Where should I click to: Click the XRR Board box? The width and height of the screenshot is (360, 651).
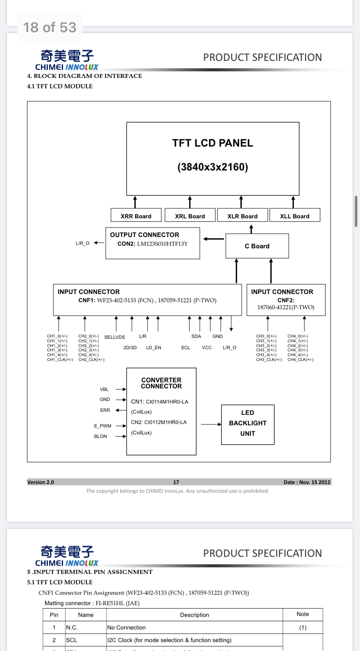point(136,216)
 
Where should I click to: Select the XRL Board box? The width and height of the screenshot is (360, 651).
point(190,216)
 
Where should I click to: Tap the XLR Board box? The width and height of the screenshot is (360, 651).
point(242,216)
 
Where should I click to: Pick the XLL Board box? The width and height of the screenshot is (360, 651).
point(294,216)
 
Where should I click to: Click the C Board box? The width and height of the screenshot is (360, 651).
point(257,246)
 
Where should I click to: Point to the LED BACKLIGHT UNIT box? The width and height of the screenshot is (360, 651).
point(247,423)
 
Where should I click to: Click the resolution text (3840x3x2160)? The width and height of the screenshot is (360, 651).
point(213,167)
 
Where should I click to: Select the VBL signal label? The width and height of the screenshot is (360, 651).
point(104,390)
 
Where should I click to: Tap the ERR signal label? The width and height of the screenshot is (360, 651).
point(105,411)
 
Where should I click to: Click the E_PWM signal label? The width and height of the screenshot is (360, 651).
point(103,426)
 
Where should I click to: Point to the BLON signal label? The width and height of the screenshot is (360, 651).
point(100,437)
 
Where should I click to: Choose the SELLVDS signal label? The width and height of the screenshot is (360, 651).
point(114,337)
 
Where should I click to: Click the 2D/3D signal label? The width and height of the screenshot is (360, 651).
point(130,348)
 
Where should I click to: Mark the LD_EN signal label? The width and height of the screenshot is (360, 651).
point(153,348)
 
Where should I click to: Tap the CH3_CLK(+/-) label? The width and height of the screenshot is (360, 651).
point(269,360)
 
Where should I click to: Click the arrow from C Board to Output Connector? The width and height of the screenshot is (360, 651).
point(213,238)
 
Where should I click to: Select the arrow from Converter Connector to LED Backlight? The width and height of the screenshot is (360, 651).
point(211,424)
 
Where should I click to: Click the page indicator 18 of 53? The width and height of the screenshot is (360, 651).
point(50,27)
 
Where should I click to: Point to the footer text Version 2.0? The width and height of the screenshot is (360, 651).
point(40,482)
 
